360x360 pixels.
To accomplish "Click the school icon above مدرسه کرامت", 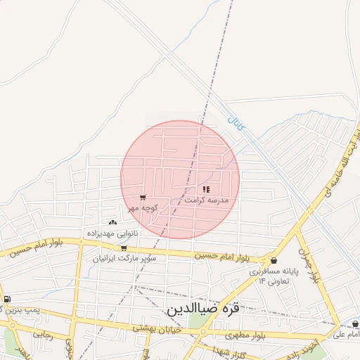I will [207, 189].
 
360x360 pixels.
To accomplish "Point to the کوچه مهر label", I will [143, 208].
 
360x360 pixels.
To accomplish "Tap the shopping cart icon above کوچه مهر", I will [143, 198].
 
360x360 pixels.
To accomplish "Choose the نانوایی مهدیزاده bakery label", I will [113, 233].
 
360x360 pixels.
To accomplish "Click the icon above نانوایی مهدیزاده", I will [113, 222].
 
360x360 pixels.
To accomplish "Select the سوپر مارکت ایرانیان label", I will [124, 258].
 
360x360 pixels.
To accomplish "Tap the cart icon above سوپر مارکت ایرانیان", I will [124, 247].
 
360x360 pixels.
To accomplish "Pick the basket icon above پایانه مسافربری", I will [274, 260].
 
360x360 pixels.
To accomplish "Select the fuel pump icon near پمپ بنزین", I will [7, 300].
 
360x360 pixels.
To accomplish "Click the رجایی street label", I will [43, 335].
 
